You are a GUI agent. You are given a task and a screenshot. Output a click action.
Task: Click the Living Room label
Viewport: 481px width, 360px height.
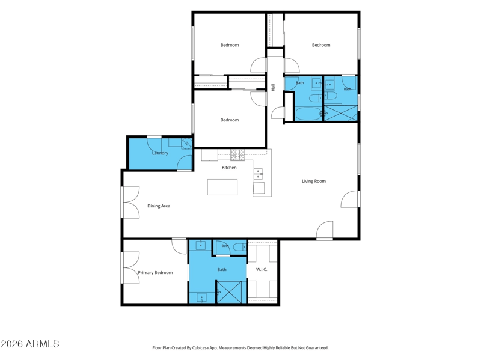click(314, 181)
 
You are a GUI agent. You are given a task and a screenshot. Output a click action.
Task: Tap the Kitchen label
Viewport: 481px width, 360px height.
click(229, 168)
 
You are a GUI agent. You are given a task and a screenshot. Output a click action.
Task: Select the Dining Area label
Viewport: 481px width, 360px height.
click(159, 206)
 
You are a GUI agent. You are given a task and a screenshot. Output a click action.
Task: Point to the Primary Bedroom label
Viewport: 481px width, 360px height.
click(155, 273)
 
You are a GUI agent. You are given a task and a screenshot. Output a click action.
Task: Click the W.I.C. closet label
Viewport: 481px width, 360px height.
click(262, 269)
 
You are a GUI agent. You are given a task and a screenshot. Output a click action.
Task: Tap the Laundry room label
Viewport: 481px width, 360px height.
click(160, 153)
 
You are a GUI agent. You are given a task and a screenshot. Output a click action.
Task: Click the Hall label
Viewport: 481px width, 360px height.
click(273, 87)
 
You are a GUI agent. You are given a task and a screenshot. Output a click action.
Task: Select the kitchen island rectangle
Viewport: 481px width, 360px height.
click(222, 187)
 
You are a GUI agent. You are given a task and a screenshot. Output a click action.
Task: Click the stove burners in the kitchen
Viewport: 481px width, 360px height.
click(237, 155)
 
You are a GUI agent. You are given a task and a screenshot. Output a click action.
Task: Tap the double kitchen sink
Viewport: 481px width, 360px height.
click(258, 174)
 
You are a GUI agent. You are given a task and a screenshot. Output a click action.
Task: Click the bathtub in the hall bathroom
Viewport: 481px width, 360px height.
click(308, 114)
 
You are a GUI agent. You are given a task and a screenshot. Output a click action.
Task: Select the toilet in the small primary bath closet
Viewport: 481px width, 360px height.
click(239, 247)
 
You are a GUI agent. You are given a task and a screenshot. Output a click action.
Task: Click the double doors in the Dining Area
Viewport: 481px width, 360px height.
click(131, 203)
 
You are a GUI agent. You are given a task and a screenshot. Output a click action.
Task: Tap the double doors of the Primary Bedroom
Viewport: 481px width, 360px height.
click(131, 267)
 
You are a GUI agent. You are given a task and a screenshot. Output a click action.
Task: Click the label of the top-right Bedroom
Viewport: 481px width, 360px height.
click(321, 45)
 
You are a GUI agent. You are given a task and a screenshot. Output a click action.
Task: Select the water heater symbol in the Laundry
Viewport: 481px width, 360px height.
click(186, 143)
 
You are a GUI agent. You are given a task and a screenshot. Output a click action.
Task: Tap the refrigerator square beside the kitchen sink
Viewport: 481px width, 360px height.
click(259, 188)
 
